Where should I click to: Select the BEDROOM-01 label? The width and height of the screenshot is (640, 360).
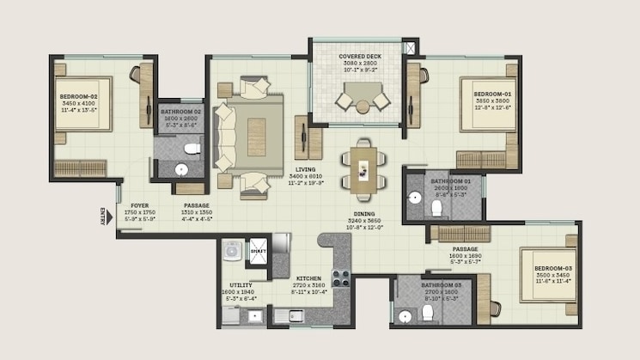coord(492,94)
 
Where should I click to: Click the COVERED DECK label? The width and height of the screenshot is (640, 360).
coord(357,57)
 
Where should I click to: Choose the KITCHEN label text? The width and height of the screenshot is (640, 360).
coord(308,279)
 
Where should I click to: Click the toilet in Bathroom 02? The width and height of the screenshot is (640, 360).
coord(192,151)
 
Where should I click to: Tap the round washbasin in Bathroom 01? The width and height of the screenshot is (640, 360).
coord(414,198)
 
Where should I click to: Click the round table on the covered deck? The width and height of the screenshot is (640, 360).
coord(363,107)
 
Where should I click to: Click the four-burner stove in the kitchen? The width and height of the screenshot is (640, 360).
coord(341,278)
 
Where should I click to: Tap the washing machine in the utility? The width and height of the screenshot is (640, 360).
coord(232,251)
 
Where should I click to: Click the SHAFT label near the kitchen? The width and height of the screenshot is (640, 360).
coord(258,251)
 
